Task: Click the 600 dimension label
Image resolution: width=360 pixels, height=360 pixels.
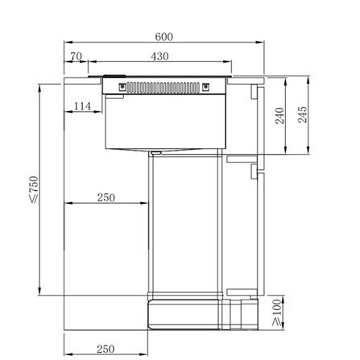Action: point(163,36)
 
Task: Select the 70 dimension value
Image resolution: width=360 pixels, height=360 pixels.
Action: point(76,56)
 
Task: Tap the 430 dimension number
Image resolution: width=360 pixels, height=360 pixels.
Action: point(159,56)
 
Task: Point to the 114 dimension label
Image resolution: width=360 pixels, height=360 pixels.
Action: point(82,106)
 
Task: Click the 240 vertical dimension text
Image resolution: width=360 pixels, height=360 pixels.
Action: point(279,115)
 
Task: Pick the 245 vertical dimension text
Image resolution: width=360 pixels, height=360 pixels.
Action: point(303,114)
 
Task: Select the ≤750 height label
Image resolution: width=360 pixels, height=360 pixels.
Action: point(34,189)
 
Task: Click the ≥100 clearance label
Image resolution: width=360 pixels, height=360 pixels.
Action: point(277,312)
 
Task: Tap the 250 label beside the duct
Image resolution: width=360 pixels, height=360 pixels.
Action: point(106,197)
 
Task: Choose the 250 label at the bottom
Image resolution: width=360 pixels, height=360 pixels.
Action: point(106,349)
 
